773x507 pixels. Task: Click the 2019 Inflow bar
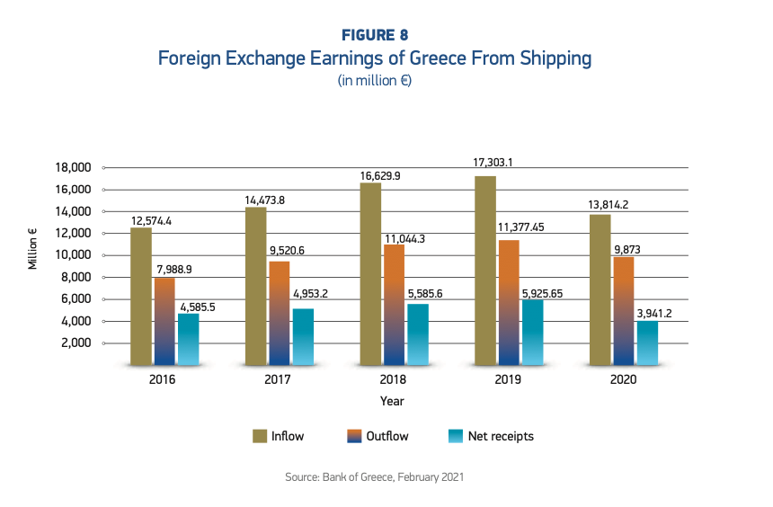tap(484, 271)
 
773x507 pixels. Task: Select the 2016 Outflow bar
tap(164, 321)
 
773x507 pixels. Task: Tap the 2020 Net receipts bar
tap(647, 342)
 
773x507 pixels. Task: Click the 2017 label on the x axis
tap(279, 380)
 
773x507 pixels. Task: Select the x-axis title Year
tap(392, 401)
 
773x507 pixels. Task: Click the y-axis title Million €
tap(32, 250)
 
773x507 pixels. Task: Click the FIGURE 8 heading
tap(375, 35)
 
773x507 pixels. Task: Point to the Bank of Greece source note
tap(375, 477)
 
